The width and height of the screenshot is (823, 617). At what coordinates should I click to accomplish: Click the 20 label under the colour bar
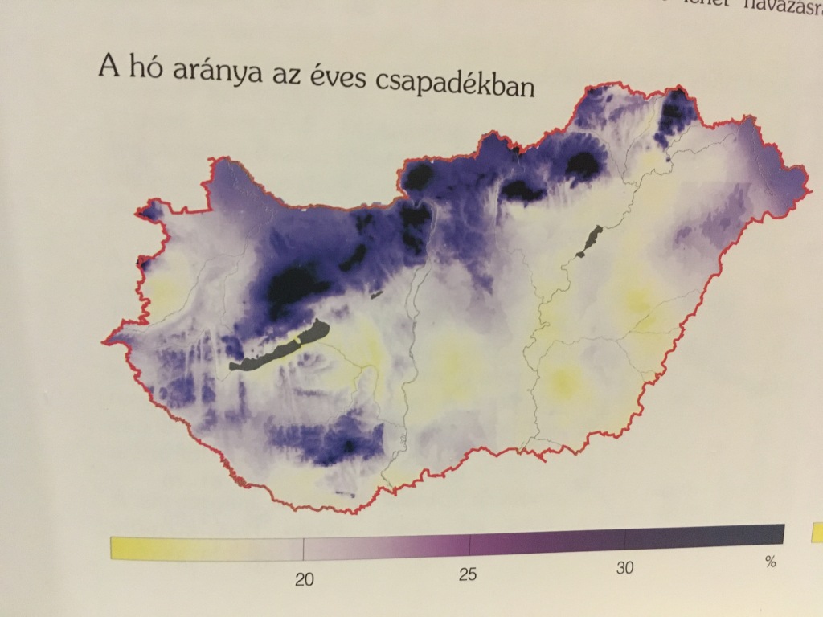coord(304,581)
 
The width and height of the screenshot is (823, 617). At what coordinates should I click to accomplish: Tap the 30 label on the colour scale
coord(625,567)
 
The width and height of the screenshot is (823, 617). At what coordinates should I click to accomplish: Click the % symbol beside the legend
coord(771,562)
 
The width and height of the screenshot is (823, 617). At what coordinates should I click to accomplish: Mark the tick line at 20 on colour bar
coord(303,550)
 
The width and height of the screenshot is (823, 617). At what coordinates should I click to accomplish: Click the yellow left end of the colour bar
coord(121,548)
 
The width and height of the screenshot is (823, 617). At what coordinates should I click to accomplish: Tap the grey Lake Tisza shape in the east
coord(592,239)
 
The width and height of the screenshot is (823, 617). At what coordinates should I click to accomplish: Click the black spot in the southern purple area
coord(350,445)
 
